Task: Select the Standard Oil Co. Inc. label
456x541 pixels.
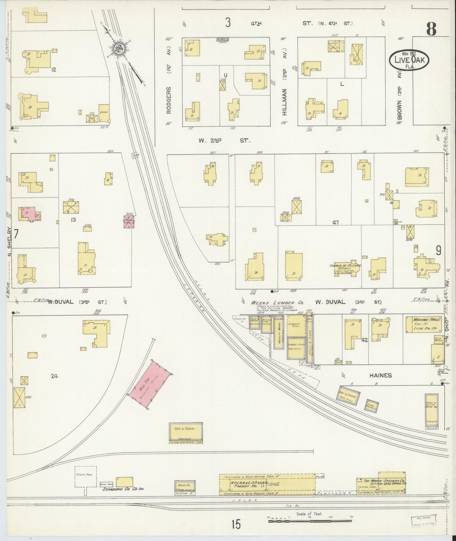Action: [x=123, y=498]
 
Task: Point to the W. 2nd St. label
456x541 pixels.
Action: [x=224, y=141]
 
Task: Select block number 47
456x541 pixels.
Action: [x=335, y=223]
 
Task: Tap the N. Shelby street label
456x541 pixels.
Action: [x=9, y=242]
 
